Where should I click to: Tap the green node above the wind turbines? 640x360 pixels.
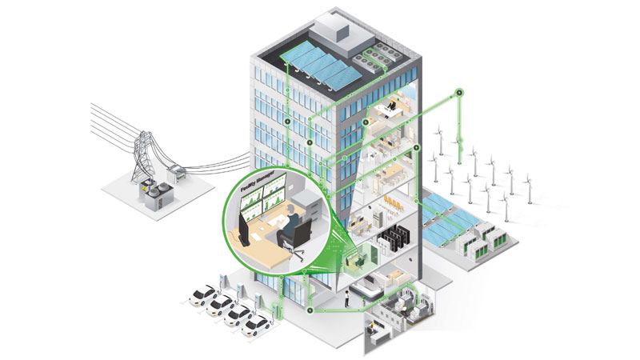[459, 94]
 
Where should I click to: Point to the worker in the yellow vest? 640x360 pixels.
[346, 297]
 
